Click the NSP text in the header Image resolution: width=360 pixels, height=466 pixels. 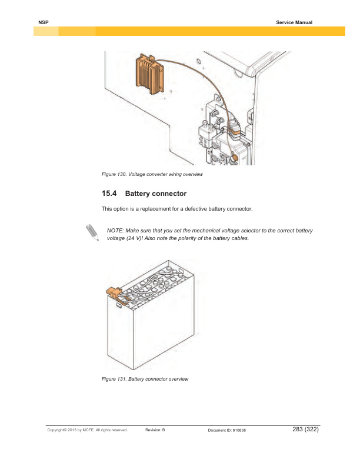(42, 22)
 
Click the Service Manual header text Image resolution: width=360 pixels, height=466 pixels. (294, 22)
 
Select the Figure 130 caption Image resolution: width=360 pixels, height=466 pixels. (152, 175)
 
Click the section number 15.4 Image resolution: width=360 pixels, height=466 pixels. (109, 194)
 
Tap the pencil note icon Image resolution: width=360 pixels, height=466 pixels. (91, 232)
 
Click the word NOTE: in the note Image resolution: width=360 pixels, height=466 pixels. (115, 230)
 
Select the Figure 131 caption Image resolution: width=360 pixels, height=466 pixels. (145, 379)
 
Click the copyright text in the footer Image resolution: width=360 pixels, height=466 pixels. (88, 430)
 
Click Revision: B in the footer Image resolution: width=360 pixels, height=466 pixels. (155, 430)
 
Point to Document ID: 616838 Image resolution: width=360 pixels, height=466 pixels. (227, 430)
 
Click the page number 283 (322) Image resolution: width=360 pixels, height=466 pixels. (305, 430)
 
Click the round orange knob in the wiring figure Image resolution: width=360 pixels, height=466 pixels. (234, 158)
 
